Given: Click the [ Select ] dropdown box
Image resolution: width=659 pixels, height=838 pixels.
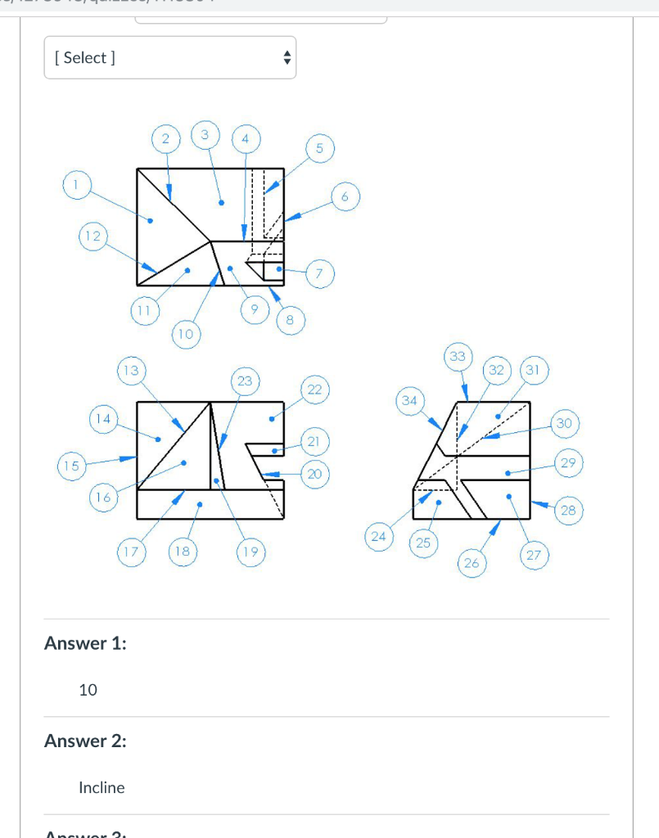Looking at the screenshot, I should coord(169,57).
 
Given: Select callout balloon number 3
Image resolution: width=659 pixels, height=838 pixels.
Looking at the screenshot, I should coord(205,133).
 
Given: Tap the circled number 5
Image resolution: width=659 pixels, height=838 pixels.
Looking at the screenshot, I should coord(319,148).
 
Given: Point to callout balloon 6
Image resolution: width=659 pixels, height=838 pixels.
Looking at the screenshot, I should coord(345,196).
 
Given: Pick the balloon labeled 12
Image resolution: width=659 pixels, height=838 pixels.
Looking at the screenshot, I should coord(93,236).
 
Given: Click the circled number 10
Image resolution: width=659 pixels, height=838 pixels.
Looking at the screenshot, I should coord(185,334).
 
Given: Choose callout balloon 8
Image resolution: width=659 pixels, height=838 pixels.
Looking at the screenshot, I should coord(289,319).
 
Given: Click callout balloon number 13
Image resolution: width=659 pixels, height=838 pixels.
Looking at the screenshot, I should coord(129,370).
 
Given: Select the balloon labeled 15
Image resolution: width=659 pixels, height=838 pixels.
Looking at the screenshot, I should coord(71,466).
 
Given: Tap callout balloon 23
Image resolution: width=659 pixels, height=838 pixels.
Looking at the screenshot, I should coord(245,381).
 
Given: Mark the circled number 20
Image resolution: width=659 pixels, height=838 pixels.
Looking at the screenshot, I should coord(314,473).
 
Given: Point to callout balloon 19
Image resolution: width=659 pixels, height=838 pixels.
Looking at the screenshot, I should coord(250,552).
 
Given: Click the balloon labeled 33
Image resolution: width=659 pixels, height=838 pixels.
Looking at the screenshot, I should coord(458,356).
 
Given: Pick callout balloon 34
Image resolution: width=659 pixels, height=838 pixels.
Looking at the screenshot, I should coord(409,400).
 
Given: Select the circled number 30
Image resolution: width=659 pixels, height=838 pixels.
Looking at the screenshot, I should coord(564,423).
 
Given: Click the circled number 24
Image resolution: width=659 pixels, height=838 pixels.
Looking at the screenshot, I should coord(377,536).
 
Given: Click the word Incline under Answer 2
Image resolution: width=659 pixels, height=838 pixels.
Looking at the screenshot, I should coord(102,787).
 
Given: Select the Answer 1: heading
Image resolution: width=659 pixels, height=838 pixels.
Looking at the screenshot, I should coord(85,643).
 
